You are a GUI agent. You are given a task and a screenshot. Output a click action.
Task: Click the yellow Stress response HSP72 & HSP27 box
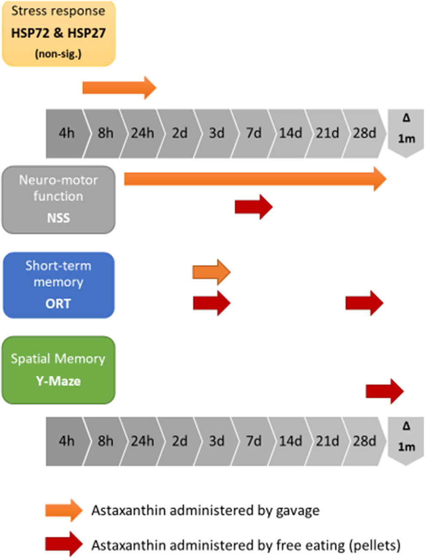[58, 33]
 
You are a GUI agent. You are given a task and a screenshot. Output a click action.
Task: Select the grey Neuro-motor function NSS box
[58, 200]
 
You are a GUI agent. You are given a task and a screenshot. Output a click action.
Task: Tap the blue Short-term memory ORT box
[58, 285]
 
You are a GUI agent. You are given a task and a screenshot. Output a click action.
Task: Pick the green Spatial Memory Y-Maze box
[58, 370]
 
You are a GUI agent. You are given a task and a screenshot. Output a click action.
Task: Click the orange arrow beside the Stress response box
[119, 88]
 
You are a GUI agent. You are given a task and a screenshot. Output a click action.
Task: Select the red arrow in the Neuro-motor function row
[253, 207]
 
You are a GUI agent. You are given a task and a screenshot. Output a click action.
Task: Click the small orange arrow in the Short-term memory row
[211, 272]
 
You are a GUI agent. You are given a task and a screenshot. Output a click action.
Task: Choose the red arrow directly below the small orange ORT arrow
[211, 303]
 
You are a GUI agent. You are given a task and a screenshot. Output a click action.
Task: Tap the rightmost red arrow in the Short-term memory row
[364, 303]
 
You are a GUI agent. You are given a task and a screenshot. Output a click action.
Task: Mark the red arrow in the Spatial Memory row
[384, 391]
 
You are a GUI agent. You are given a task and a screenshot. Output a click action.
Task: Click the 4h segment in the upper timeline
[67, 133]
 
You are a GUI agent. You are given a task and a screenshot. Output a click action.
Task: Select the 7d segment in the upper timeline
[253, 133]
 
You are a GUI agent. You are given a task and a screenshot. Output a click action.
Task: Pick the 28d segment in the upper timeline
[364, 133]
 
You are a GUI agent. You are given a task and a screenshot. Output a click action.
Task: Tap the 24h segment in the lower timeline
[142, 441]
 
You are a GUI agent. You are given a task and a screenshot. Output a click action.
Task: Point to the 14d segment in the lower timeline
[290, 441]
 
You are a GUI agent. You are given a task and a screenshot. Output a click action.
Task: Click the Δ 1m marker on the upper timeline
[406, 130]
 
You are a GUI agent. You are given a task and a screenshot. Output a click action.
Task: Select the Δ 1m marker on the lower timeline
[406, 438]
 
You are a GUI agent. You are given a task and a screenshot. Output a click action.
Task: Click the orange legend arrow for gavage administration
[64, 510]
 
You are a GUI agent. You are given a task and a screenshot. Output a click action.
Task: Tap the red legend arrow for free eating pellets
[64, 544]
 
